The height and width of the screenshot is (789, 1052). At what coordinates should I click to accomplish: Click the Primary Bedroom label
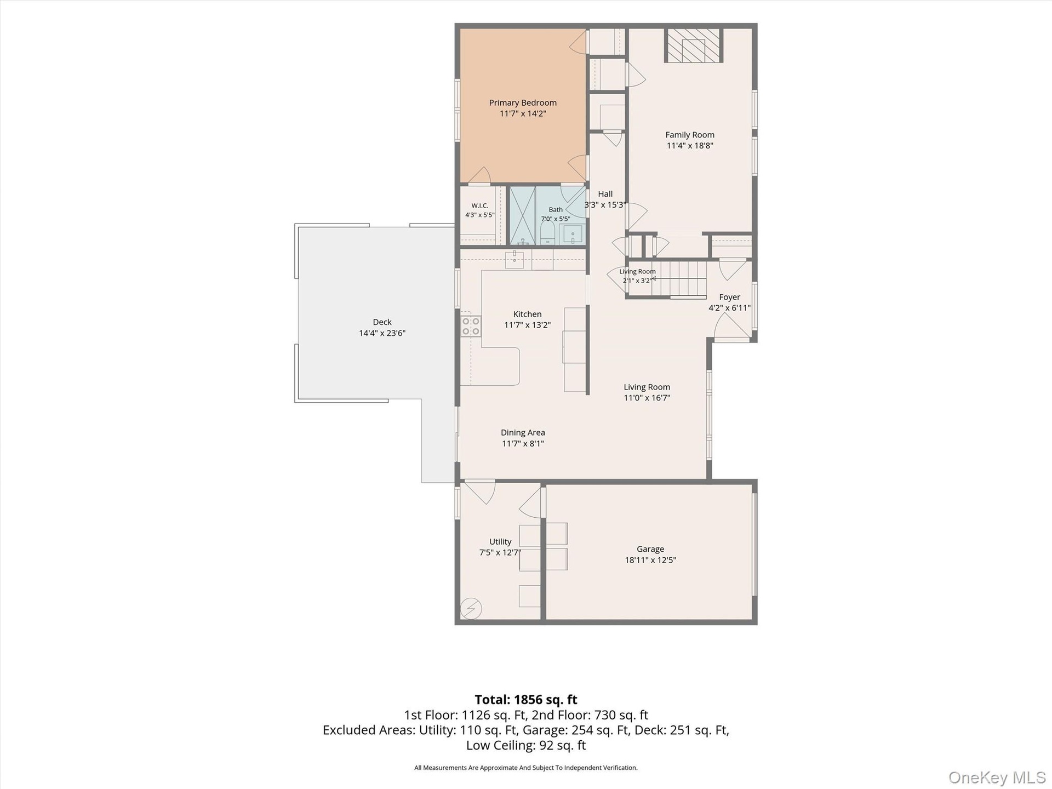coord(523,103)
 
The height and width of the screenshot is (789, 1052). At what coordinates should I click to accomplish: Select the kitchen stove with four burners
coord(471,325)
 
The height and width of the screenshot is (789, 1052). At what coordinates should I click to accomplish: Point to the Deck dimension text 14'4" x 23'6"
coord(382,333)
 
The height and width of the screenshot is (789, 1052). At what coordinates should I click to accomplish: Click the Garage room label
coord(650,549)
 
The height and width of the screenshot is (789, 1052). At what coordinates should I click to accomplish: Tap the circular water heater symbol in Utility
coord(471,608)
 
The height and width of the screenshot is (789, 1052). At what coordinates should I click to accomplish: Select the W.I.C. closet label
coord(480,205)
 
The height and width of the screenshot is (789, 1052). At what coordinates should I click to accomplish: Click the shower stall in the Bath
coord(523,215)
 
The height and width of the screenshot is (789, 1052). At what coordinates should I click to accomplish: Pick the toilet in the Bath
coord(547,233)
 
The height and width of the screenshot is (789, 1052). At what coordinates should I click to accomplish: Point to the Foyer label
coord(729,297)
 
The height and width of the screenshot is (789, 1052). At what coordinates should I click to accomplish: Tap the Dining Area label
coord(523,433)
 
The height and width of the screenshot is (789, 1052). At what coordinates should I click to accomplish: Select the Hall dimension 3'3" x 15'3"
coord(605,205)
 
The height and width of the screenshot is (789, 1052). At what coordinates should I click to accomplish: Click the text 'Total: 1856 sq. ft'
coord(526,700)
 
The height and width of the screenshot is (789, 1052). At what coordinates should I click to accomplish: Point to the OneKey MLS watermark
coord(997,777)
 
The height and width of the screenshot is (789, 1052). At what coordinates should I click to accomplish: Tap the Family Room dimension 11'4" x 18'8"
coord(690,146)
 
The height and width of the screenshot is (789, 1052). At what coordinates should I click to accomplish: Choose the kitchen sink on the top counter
coord(514,260)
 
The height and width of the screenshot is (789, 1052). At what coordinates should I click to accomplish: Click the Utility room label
coord(500,541)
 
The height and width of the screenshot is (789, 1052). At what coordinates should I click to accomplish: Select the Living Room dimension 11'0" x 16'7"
coord(647,398)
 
